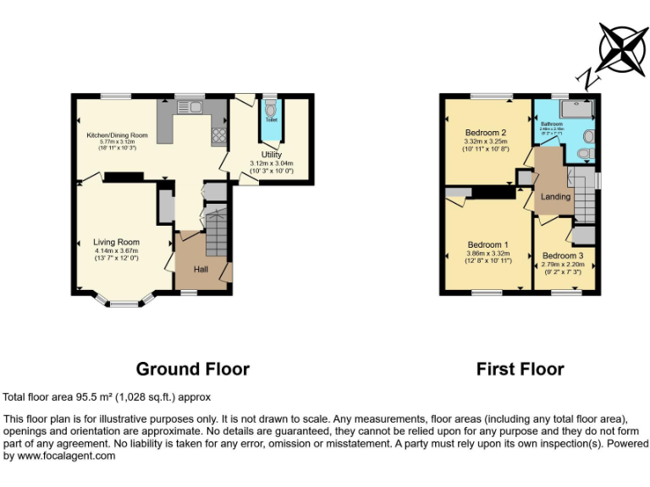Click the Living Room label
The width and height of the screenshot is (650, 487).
(x=116, y=242)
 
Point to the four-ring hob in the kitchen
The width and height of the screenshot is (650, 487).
(x=218, y=135)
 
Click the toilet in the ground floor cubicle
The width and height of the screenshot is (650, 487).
(x=271, y=110)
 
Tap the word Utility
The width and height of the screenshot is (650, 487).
(x=271, y=155)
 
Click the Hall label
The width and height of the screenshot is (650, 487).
(x=201, y=269)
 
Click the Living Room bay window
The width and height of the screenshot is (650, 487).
(x=124, y=299)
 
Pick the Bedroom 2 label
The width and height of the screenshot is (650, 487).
(x=485, y=133)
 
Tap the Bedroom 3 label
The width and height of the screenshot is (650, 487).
(x=563, y=255)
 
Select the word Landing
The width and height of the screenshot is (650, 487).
(x=555, y=197)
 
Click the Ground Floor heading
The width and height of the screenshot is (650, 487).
(x=193, y=369)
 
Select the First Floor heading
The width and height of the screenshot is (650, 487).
(x=520, y=369)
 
